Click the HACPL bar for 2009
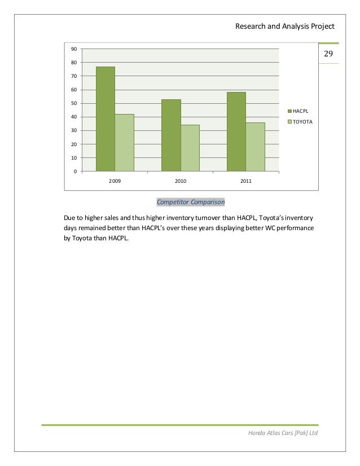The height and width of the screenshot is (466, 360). coord(106,119)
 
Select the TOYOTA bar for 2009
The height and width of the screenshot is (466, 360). coord(124,143)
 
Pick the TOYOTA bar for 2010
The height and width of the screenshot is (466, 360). coord(190,148)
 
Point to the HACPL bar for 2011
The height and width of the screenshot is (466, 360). coord(236,131)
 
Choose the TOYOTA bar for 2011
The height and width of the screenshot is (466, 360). coord(256,147)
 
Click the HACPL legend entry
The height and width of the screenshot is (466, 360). coord(300,111)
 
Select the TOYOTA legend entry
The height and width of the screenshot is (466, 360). coord(302,121)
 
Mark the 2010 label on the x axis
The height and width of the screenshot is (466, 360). coord(181,181)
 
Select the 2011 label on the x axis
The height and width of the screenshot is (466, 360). coord(246,181)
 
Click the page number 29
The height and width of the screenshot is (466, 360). coord(329,54)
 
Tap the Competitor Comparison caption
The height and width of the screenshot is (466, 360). coord(190,202)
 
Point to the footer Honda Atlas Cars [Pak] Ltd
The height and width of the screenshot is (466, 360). coord(283,432)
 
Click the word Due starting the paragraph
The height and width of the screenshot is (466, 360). coord(69,217)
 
